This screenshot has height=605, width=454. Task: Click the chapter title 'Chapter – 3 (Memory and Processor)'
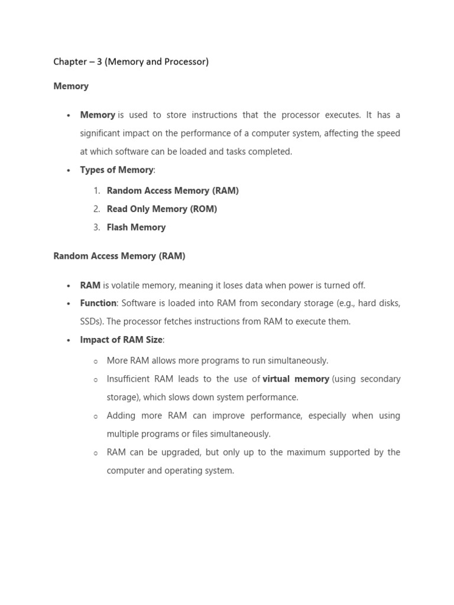[131, 61]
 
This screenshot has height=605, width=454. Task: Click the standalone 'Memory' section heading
[71, 86]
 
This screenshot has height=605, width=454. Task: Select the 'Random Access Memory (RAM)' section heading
[119, 256]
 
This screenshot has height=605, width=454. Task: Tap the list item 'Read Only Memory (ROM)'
[162, 209]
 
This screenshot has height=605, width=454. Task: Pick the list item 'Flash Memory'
[136, 227]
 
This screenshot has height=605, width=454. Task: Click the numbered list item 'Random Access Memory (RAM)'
[173, 191]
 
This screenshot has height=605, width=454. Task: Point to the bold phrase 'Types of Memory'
[116, 170]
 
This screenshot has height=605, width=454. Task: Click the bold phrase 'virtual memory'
[296, 379]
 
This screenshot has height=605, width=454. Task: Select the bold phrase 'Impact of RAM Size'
[121, 340]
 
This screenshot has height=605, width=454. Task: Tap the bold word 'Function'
[98, 303]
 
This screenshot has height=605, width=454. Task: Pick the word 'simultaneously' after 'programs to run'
[299, 361]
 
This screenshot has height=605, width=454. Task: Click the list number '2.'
[97, 209]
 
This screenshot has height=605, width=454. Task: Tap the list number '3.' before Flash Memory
[97, 227]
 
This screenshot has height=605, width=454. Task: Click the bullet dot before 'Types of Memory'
[69, 170]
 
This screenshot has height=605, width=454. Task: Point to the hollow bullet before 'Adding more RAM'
[96, 417]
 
